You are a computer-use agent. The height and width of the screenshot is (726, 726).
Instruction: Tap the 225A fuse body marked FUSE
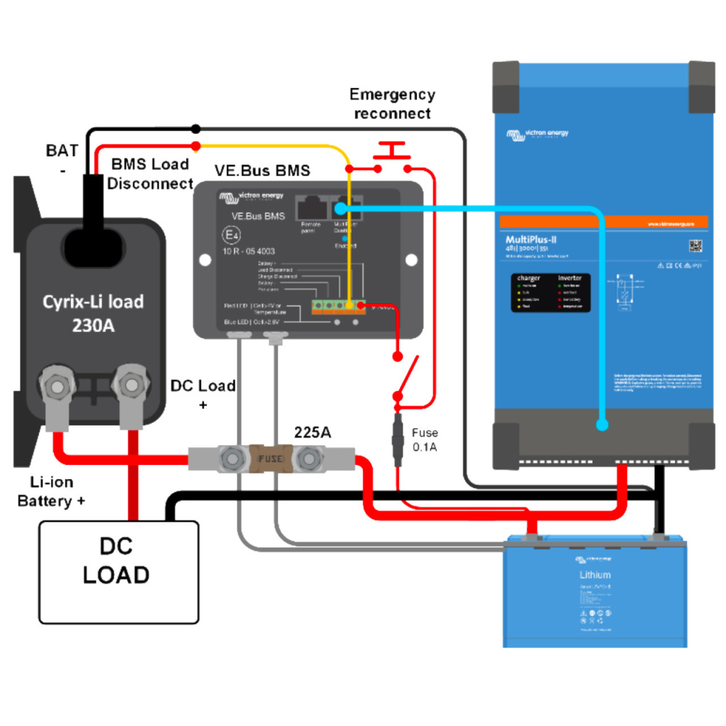[269, 459]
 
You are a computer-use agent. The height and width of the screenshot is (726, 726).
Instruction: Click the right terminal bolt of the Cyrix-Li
[131, 385]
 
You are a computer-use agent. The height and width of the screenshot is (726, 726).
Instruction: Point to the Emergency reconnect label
[392, 104]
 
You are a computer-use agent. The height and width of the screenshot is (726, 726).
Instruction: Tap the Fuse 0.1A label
[425, 440]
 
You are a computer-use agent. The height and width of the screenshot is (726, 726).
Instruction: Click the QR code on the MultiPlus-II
[694, 246]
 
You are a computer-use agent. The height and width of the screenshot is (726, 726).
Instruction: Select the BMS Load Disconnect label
[151, 174]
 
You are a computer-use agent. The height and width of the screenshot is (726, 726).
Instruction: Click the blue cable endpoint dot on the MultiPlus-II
[602, 425]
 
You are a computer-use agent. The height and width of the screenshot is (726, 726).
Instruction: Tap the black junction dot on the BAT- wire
[196, 128]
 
